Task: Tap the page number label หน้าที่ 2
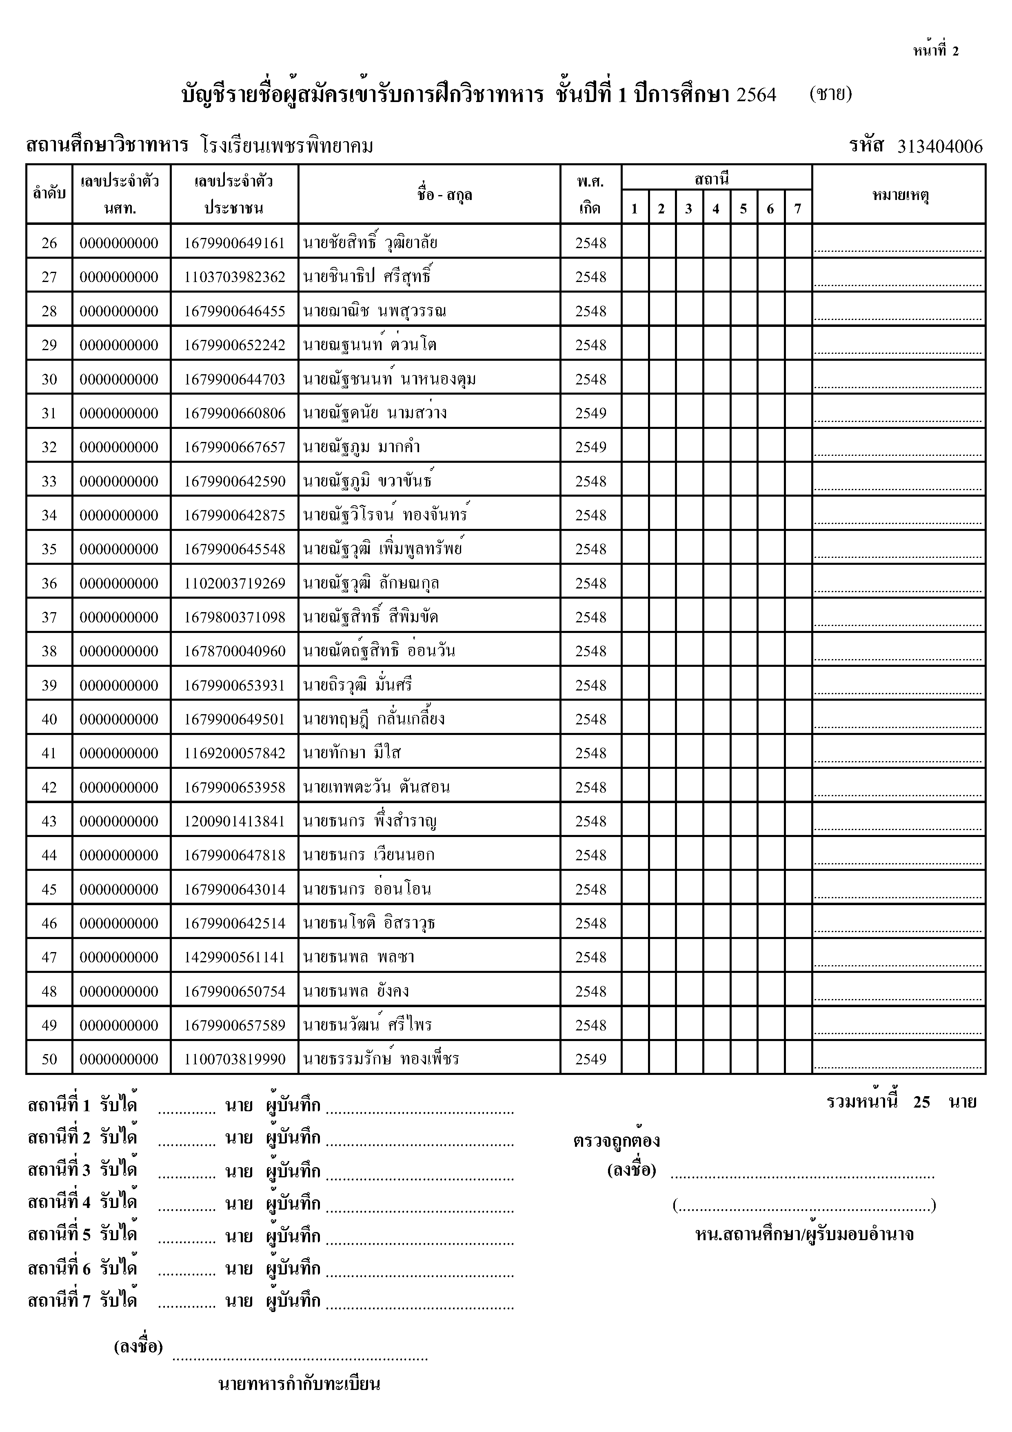tap(935, 51)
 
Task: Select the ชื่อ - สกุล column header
tap(444, 195)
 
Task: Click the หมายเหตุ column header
tap(899, 195)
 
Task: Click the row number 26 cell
tap(49, 243)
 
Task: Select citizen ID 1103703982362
tap(235, 277)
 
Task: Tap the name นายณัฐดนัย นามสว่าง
tap(375, 413)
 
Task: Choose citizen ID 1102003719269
tap(235, 583)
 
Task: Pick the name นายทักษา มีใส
tap(352, 753)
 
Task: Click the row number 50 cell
tap(49, 1059)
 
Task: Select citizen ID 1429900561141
tap(235, 957)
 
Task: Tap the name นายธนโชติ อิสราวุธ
tap(369, 923)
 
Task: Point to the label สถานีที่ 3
tap(59, 1171)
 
